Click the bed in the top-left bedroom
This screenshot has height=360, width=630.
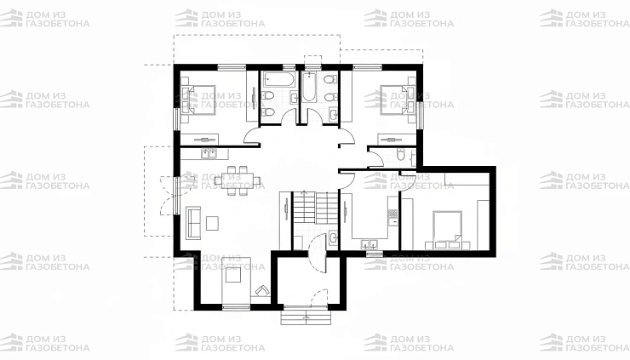(x=202, y=100)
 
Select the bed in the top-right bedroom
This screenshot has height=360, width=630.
(x=393, y=100)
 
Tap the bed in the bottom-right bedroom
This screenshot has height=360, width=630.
(x=447, y=226)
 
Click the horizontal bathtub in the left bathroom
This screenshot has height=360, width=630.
(x=279, y=80)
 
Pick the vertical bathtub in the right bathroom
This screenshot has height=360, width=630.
(x=309, y=87)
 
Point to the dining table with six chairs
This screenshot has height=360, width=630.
(x=237, y=180)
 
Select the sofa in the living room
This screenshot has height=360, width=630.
(x=193, y=223)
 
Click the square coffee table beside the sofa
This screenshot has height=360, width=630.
(x=212, y=223)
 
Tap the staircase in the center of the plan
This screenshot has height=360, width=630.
(x=315, y=208)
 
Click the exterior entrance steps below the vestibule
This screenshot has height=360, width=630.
(x=306, y=316)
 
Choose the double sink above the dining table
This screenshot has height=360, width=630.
(x=209, y=153)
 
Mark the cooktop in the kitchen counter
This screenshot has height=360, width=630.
(x=392, y=213)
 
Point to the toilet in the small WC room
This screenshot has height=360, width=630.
(x=401, y=154)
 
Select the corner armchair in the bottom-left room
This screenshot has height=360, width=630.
(x=262, y=290)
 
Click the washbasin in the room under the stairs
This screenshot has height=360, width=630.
(x=334, y=238)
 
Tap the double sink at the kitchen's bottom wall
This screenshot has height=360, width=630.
(x=369, y=244)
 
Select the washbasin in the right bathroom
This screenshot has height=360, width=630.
(x=333, y=114)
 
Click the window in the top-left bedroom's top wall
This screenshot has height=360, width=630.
(x=232, y=66)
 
